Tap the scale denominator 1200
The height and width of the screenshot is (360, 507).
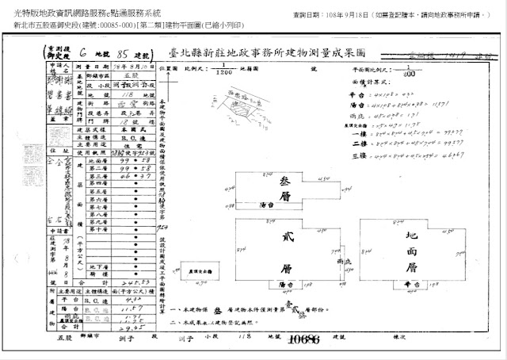click(x=224, y=72)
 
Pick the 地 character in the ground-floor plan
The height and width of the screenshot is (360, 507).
click(x=411, y=236)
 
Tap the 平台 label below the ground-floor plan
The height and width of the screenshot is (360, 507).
click(x=411, y=283)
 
